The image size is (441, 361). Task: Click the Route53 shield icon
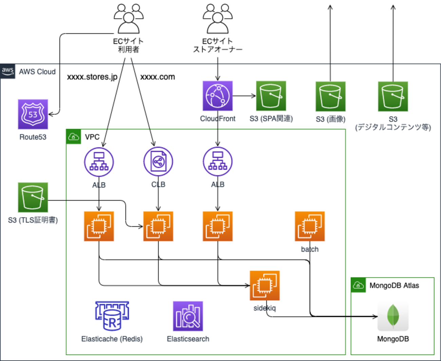click(33, 114)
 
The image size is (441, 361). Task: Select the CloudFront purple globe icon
click(217, 96)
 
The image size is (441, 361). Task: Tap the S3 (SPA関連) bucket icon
click(271, 96)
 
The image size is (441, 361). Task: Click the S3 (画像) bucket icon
click(330, 97)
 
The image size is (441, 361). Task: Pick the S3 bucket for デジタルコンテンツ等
click(393, 97)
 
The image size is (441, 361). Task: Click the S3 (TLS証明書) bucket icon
click(33, 197)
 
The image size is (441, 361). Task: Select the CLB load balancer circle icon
click(158, 161)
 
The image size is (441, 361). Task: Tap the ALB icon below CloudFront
click(217, 161)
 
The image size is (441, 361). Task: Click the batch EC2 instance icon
click(310, 226)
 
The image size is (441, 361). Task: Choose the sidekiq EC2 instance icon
click(265, 285)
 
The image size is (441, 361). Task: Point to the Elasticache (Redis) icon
click(112, 316)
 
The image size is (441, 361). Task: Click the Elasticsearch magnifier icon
click(188, 316)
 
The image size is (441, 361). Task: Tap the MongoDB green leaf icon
click(393, 316)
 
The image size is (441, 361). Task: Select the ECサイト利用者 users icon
click(128, 19)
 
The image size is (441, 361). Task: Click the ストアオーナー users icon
click(217, 19)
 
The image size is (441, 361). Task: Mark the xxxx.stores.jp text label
click(92, 77)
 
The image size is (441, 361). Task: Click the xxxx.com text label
click(158, 77)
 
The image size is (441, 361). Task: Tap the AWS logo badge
click(7, 71)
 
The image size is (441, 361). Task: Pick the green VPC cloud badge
click(74, 137)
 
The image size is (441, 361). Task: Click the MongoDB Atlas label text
click(394, 285)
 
